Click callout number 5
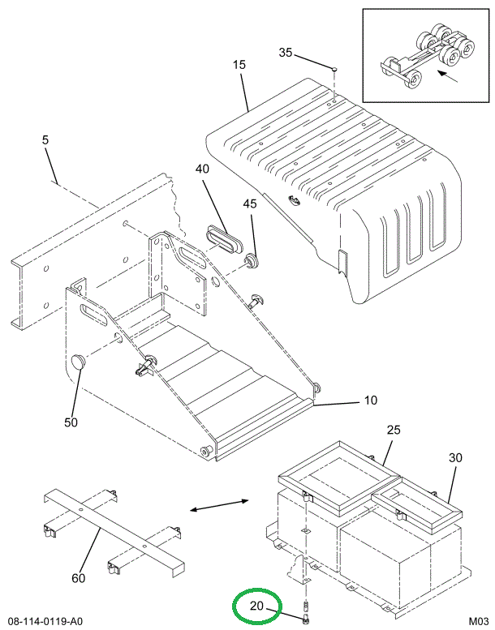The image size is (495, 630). (45, 140)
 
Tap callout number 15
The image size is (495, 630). (238, 64)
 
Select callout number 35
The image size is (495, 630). (285, 53)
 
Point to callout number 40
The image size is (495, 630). (202, 169)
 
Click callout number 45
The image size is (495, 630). (249, 204)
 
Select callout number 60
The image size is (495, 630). (78, 578)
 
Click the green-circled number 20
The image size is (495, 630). (256, 606)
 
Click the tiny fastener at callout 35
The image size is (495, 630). (335, 69)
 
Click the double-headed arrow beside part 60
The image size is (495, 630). (219, 507)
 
